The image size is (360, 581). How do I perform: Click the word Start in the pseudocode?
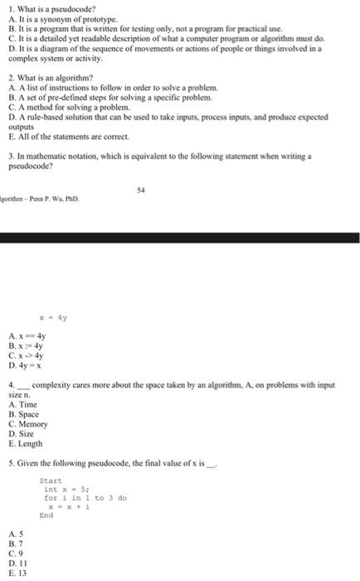point(51,481)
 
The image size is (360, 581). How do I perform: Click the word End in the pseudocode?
point(46,515)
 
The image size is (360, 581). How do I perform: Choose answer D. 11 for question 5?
point(16,562)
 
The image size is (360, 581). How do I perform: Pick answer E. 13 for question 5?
point(16,573)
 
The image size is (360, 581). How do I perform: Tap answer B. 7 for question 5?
point(14,541)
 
